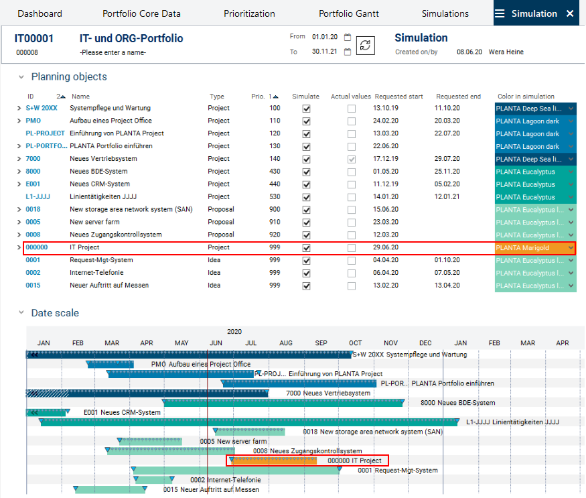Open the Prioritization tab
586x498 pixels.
pos(249,13)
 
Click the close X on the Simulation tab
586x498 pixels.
pos(570,13)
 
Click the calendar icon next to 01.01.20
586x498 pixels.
pos(348,38)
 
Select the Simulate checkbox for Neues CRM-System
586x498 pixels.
pos(307,184)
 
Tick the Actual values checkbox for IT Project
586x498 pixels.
pos(352,248)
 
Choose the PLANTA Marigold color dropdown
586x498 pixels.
pos(534,248)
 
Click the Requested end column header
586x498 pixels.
pos(458,97)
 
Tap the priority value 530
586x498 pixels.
pos(275,197)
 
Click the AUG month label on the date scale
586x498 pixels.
pos(286,343)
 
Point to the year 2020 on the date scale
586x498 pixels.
pos(234,332)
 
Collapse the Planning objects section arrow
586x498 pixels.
pos(21,77)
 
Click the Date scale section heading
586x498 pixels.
pos(55,313)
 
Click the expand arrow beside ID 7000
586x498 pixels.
pos(19,159)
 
